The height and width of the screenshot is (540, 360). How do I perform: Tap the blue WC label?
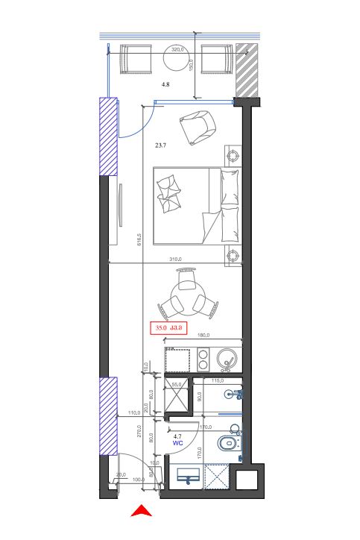click(x=178, y=442)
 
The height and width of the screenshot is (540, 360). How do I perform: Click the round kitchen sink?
click(x=227, y=362)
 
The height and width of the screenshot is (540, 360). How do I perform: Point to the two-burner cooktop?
click(x=202, y=362)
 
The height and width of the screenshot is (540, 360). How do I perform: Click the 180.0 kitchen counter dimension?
click(x=203, y=336)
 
